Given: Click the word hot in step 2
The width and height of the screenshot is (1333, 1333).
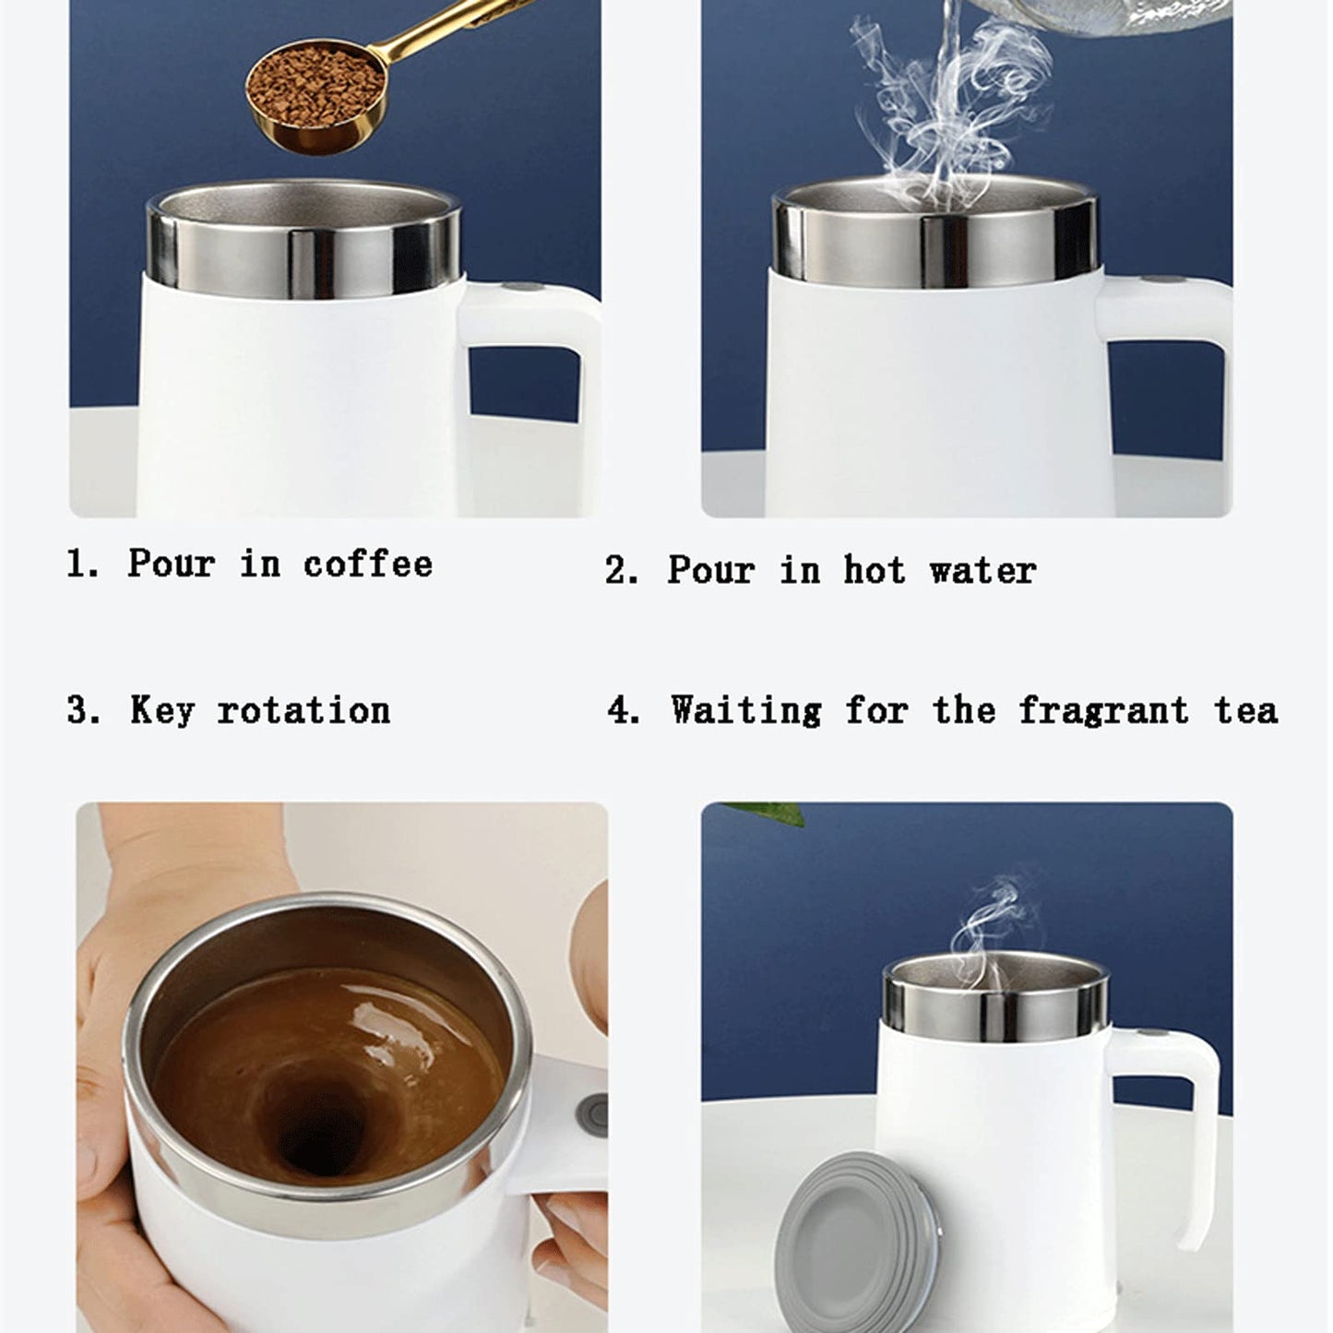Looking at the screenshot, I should pyautogui.click(x=874, y=570).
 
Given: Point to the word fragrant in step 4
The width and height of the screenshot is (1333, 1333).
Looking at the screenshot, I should pyautogui.click(x=1103, y=710).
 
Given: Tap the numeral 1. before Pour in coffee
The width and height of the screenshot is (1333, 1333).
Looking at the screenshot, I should pyautogui.click(x=82, y=564).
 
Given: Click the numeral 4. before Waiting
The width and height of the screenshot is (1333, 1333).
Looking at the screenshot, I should pyautogui.click(x=623, y=710).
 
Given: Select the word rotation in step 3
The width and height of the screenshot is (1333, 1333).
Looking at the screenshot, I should pyautogui.click(x=303, y=711).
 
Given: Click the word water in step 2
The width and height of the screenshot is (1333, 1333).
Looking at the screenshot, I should pyautogui.click(x=982, y=570).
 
